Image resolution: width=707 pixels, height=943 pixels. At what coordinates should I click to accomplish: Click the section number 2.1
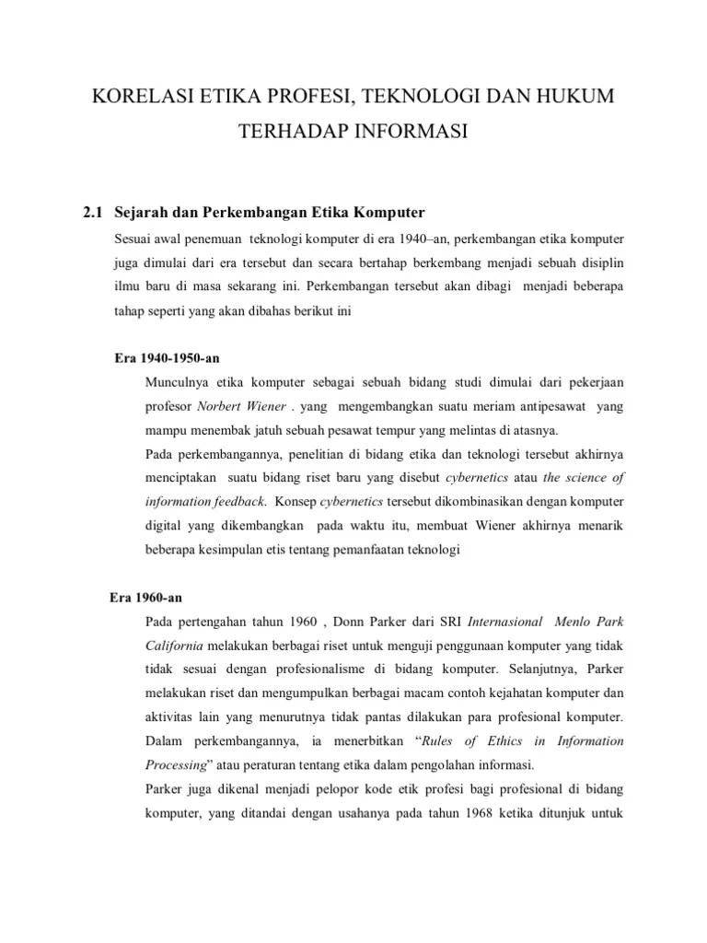(x=93, y=214)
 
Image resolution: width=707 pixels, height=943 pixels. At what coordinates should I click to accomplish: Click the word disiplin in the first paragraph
(x=598, y=262)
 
